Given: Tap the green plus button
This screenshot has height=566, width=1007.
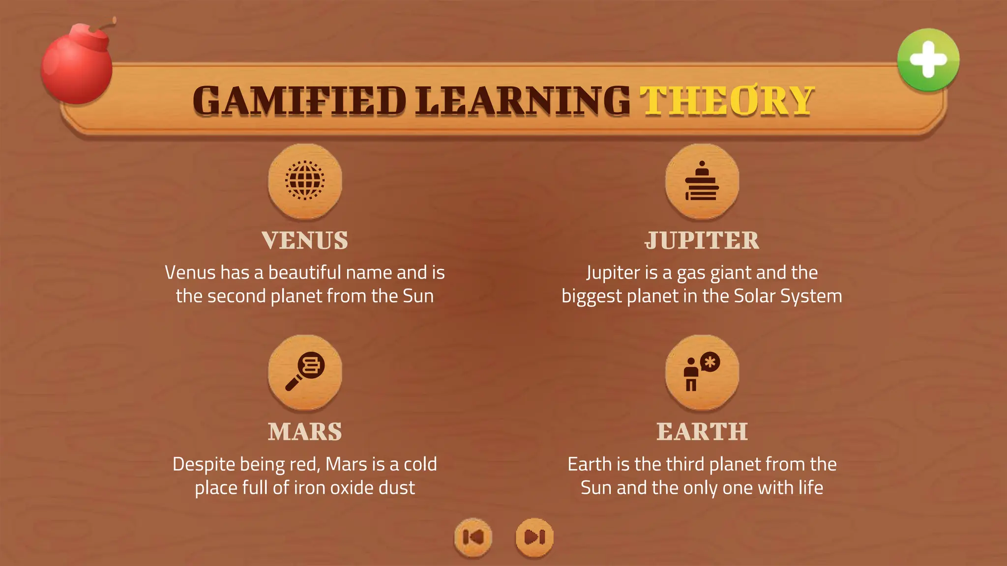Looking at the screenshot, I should point(928,60).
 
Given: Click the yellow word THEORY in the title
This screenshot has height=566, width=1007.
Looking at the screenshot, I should point(727,101).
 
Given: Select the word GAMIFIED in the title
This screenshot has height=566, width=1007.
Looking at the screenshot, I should point(299,101).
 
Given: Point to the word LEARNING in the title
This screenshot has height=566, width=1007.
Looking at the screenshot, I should point(523,101).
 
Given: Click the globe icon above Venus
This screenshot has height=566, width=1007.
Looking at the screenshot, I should point(305,180).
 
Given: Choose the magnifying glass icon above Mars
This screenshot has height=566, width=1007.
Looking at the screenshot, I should point(305,371).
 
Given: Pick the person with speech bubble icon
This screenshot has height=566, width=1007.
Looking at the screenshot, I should point(702,371).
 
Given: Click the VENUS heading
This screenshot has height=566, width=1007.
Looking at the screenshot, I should point(305,241).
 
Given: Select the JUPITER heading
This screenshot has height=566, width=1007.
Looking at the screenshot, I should point(702,241).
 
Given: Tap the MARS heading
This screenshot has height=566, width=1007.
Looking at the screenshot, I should point(305,432).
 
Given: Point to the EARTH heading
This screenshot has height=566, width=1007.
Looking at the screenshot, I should point(702,432).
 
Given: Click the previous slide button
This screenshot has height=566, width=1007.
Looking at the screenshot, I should point(473,537).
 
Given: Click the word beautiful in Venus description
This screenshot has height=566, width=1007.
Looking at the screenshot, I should point(304,273).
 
